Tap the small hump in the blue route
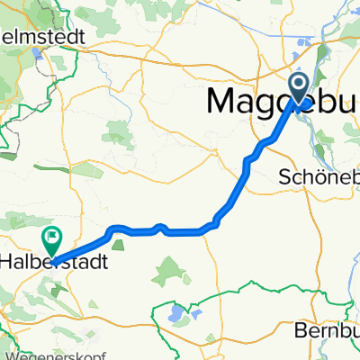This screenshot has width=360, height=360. (159, 227)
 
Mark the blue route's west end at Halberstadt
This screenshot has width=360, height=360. (51, 262)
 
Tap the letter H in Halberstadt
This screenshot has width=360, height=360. (7, 262)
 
